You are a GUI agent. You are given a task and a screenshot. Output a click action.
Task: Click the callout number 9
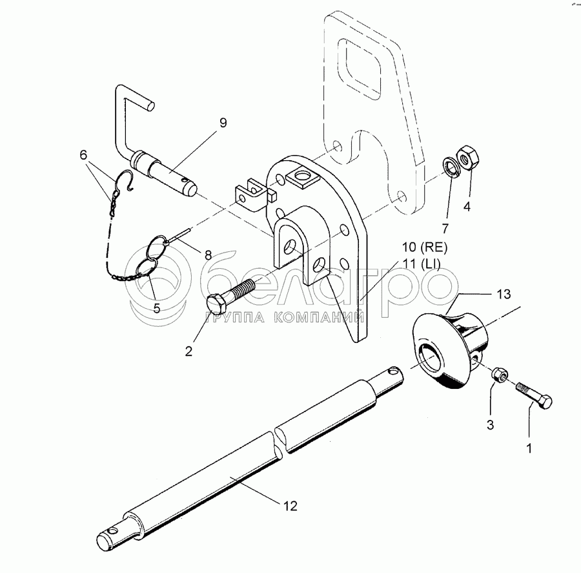[x=222, y=123]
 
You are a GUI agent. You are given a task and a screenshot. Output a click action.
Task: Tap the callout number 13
[x=504, y=294]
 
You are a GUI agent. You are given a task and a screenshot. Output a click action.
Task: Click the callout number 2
[x=189, y=351]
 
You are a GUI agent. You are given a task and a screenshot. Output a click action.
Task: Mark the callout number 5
[x=157, y=308]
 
